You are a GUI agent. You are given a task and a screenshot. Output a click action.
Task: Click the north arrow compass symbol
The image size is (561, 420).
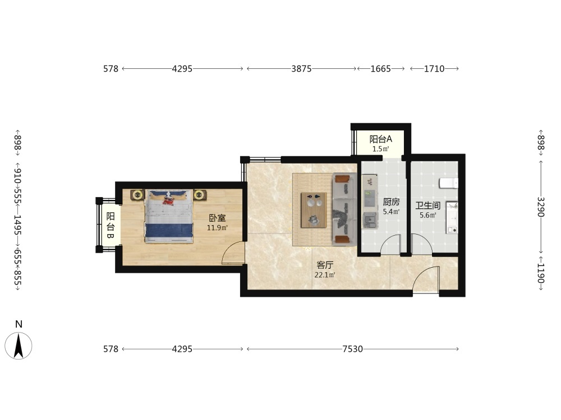tap(19, 346)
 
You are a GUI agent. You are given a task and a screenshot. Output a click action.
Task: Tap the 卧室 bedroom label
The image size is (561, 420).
tap(217, 218)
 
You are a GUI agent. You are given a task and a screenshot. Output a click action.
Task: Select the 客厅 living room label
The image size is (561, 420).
tap(325, 265)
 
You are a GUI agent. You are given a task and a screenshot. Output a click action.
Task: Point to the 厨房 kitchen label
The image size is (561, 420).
tap(391, 202)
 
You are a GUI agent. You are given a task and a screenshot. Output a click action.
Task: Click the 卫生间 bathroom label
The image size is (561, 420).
tap(427, 206)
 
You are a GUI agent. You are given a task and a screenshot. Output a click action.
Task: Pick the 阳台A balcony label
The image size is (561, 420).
tap(381, 139)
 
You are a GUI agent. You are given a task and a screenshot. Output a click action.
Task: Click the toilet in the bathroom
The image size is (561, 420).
tap(448, 183)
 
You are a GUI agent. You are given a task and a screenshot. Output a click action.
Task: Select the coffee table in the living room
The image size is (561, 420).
tap(314, 209)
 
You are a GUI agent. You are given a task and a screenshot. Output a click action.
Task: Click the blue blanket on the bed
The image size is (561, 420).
tap(169, 230)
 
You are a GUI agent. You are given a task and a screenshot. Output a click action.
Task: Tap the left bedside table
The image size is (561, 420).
tap(137, 195)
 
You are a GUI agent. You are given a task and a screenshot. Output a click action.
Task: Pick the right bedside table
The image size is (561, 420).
tap(200, 195)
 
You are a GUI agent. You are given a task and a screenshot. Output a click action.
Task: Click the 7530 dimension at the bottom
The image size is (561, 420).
tap(352, 349)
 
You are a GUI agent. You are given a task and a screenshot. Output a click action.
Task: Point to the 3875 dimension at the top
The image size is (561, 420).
tap(301, 68)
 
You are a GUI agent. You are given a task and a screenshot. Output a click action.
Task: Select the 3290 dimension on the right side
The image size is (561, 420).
tap(540, 207)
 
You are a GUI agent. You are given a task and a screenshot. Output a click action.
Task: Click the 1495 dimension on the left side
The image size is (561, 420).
tap(18, 225)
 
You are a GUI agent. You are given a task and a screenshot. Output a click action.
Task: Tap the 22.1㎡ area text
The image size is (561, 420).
tap(325, 275)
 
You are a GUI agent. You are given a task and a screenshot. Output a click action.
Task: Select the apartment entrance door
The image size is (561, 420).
tap(426, 281)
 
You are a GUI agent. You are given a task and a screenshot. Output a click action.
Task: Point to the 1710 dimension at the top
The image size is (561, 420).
tap(434, 68)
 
